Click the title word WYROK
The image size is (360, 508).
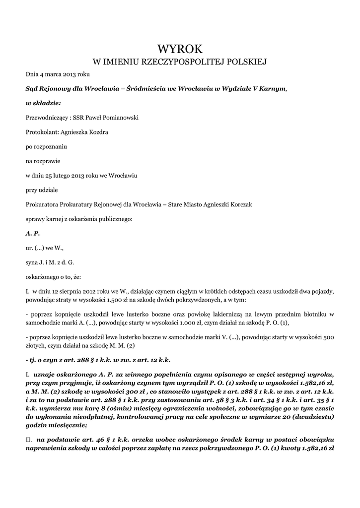tap(180, 49)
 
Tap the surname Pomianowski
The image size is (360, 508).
tap(119, 118)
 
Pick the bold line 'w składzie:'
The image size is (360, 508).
tap(43, 103)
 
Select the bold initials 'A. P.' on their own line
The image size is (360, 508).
tap(32, 233)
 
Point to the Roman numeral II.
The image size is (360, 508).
tap(29, 440)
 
